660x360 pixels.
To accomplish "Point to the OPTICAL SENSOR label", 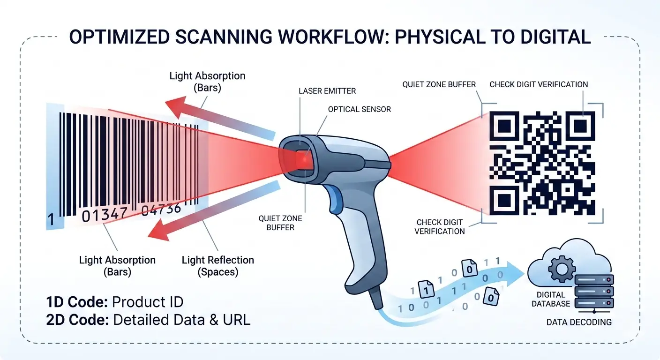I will (359, 109).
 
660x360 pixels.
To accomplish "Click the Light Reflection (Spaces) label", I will (218, 266).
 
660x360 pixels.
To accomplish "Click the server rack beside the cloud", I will (594, 292).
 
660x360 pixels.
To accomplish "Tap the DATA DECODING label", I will (579, 322).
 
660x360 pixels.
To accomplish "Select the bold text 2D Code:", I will (77, 320).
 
